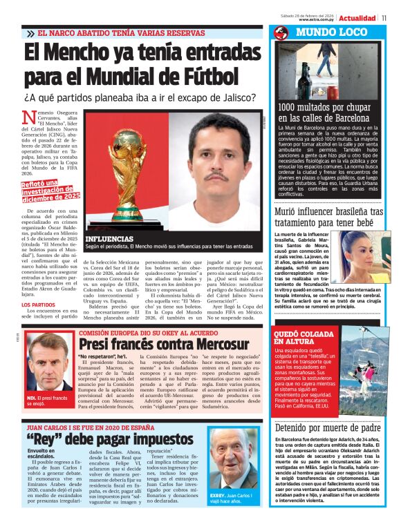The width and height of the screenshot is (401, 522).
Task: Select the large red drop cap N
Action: [29, 121]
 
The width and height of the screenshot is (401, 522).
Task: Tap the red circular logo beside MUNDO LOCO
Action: [281, 32]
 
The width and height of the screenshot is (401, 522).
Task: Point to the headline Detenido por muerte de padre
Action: [326, 428]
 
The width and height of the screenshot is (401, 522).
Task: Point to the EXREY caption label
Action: [220, 496]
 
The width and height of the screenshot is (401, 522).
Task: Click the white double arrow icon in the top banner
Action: [30, 33]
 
